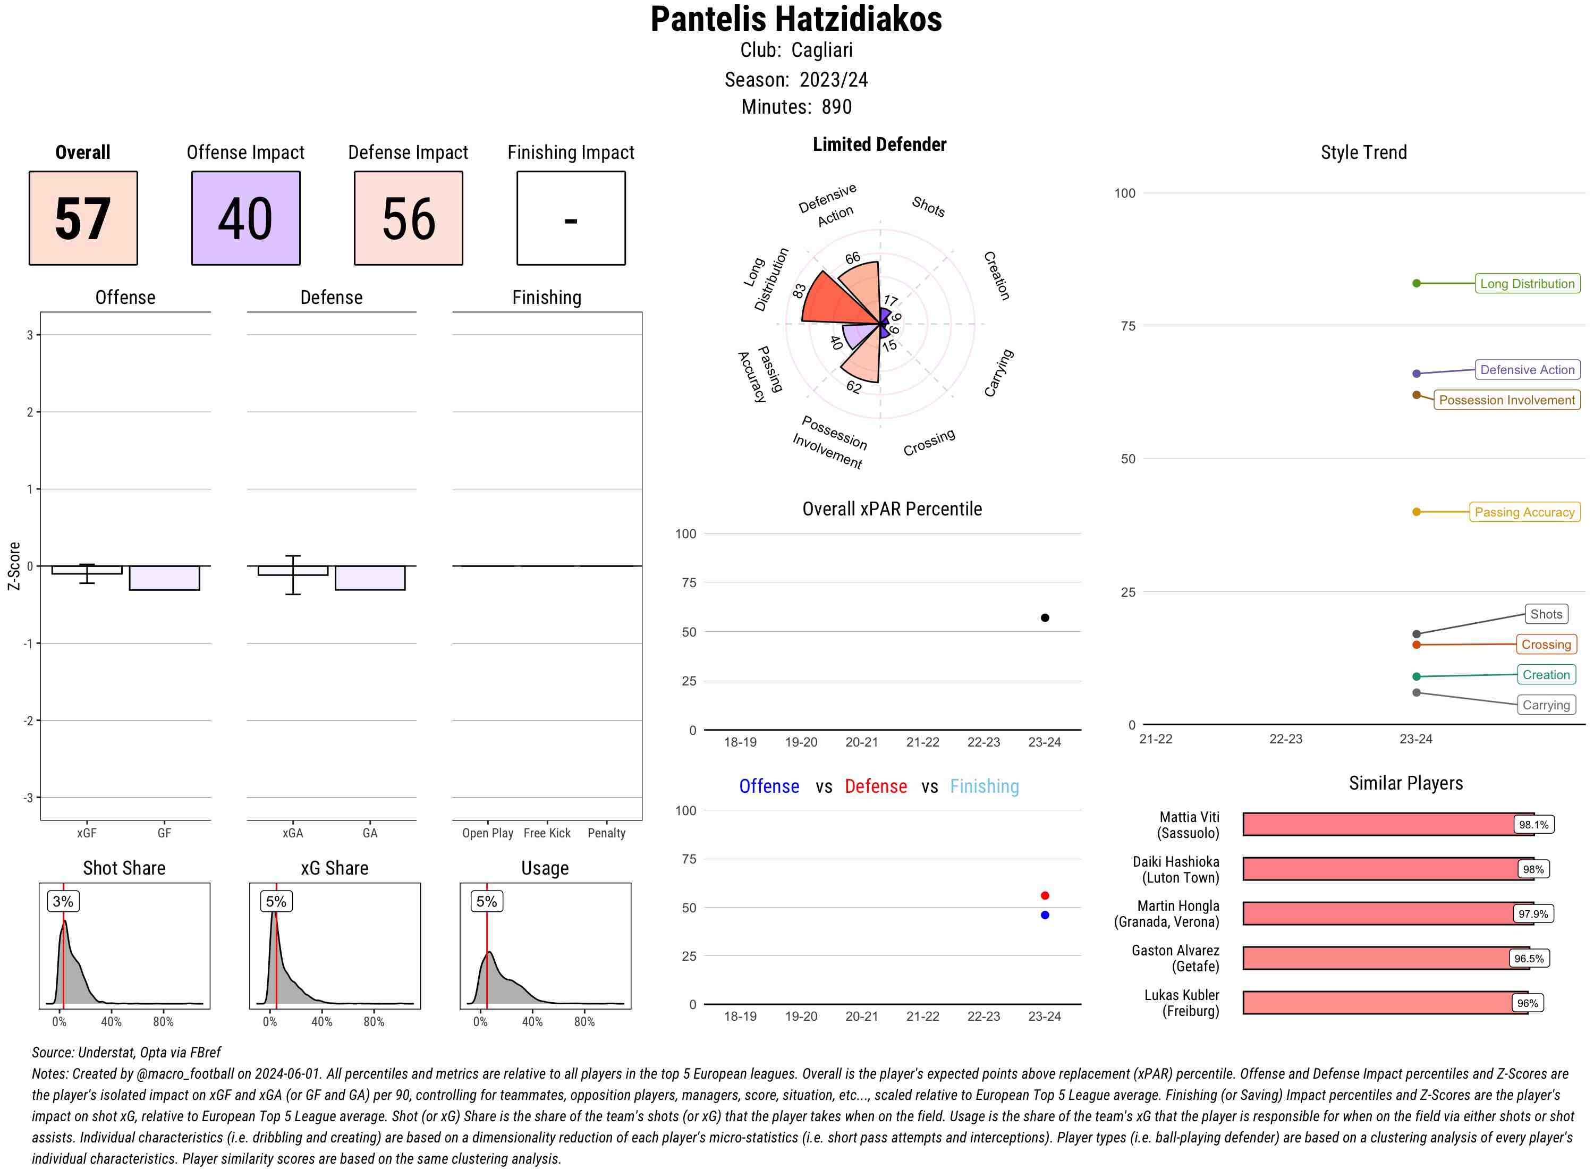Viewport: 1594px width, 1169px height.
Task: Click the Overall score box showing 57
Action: click(83, 218)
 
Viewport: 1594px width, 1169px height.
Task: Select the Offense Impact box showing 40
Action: click(245, 218)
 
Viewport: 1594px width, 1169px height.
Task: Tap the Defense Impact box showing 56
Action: click(408, 218)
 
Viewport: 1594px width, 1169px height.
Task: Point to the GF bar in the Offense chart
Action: click(164, 578)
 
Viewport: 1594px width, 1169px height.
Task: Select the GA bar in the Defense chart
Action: click(369, 578)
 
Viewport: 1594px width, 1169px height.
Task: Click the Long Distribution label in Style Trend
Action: click(1527, 284)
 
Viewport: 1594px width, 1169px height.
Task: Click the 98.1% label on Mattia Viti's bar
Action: click(1533, 824)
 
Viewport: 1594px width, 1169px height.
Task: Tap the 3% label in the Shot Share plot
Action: click(63, 902)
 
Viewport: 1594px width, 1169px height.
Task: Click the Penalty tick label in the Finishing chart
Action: click(606, 833)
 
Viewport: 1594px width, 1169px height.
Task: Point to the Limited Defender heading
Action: click(879, 145)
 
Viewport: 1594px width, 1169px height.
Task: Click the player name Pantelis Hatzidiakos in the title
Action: click(796, 19)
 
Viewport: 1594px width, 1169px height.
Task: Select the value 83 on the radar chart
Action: click(799, 291)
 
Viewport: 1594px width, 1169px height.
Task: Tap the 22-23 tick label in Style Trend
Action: click(1285, 739)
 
